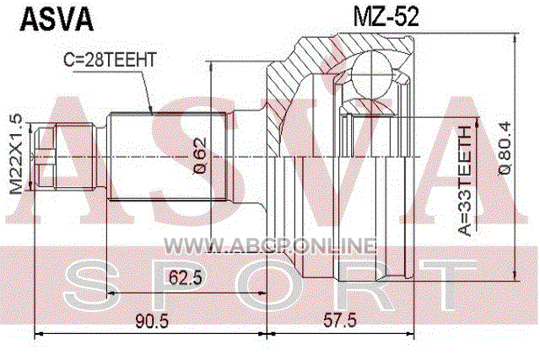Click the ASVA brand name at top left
tap(57, 19)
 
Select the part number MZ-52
tap(386, 16)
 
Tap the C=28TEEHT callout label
tap(110, 60)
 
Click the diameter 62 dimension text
tap(200, 156)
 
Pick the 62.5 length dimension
tap(186, 277)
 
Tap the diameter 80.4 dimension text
tap(505, 148)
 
